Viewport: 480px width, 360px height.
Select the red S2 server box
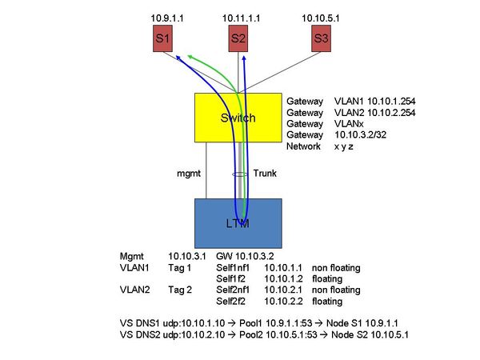point(238,38)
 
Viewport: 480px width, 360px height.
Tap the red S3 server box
point(321,38)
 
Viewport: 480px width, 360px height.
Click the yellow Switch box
point(238,118)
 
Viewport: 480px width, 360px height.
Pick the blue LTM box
point(238,223)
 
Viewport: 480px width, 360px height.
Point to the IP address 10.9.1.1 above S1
point(168,17)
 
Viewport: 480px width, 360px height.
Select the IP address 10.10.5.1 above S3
point(321,17)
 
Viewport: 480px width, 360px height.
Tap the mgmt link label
point(188,173)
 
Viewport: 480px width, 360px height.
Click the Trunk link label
point(266,173)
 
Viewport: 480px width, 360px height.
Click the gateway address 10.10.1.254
point(390,102)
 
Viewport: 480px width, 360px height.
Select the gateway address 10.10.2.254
point(390,113)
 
